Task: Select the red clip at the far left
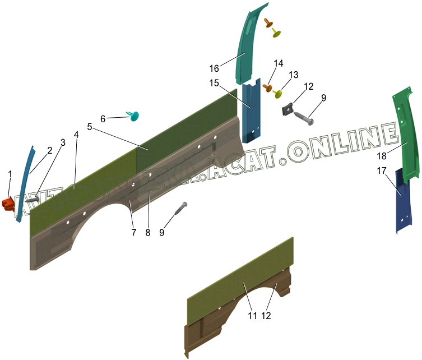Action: [x=8, y=204]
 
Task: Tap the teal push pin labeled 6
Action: [x=135, y=116]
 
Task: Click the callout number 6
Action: [x=103, y=119]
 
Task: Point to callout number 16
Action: [x=214, y=68]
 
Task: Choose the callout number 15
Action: [x=214, y=83]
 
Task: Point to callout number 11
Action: [x=252, y=316]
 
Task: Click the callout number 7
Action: [x=133, y=232]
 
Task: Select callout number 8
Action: [x=148, y=232]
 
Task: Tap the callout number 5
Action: [x=90, y=127]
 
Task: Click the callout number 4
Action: [x=76, y=135]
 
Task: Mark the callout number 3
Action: [x=63, y=142]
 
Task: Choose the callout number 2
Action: [x=49, y=150]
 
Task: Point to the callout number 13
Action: [x=294, y=75]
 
